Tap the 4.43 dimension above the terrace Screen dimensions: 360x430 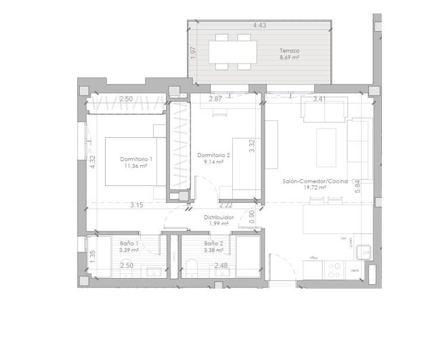click(259, 25)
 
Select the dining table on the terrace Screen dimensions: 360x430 click(232, 51)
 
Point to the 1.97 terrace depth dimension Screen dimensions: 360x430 click(193, 52)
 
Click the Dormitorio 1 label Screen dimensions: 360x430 click(135, 158)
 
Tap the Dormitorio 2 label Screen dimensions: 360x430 click(213, 155)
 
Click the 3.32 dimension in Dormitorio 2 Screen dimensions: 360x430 click(251, 145)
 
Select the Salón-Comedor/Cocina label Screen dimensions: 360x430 click(315, 181)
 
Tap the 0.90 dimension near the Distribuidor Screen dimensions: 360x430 click(252, 217)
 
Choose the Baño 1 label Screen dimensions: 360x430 click(129, 243)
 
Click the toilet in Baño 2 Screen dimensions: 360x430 click(192, 267)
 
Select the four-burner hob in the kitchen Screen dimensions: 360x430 click(334, 269)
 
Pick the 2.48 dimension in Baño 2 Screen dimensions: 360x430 click(221, 266)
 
